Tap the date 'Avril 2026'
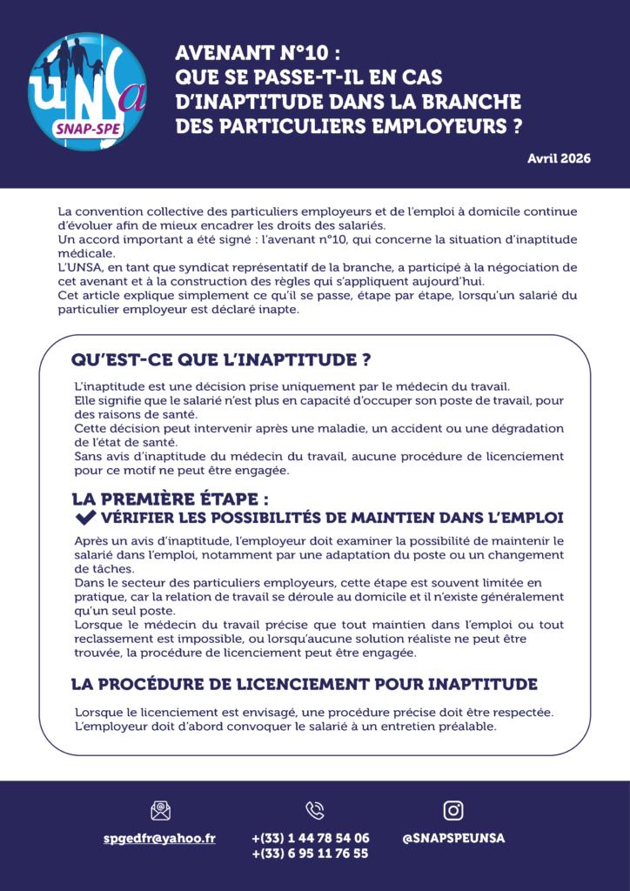point(559,158)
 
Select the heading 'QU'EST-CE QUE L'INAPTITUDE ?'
point(221,360)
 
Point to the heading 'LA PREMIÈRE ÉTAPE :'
point(170,499)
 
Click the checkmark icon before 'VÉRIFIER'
point(85,519)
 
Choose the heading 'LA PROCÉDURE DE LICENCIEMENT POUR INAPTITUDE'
point(304,684)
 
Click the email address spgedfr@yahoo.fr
point(159,838)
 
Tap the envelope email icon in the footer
point(160,811)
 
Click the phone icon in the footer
point(315,811)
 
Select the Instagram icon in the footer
point(453,811)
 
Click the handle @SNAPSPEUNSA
point(453,838)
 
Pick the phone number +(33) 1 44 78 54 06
point(311,838)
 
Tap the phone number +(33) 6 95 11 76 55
point(311,854)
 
